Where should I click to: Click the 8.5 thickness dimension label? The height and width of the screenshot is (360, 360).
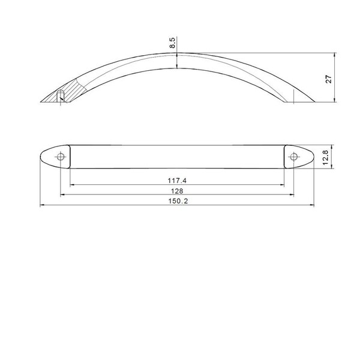point(173,43)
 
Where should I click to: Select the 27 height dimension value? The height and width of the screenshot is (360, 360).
point(329,79)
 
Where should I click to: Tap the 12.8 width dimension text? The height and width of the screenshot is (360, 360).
point(326,157)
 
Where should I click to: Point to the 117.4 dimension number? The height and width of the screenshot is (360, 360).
point(177,181)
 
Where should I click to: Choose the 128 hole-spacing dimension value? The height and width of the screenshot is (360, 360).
point(177,191)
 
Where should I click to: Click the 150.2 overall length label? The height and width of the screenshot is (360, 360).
point(178,202)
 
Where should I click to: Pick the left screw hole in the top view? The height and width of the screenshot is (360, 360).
point(61,157)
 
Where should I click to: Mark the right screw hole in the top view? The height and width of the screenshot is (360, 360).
point(293,157)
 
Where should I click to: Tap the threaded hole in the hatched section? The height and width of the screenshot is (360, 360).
point(61,95)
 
